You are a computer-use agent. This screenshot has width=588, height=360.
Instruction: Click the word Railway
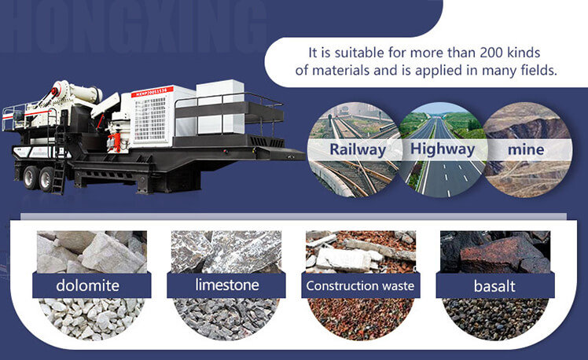point(358,149)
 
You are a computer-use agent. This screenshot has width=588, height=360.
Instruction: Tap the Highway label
point(443,149)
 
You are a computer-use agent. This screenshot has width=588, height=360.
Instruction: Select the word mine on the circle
point(526,149)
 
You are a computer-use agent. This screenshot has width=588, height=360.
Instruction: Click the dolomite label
point(88,285)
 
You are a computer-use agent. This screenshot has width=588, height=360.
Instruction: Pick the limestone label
point(227,285)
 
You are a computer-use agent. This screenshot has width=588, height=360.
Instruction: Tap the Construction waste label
point(360,286)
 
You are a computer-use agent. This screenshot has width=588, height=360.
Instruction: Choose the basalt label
point(494,286)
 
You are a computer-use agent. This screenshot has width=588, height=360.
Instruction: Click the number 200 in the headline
point(491,53)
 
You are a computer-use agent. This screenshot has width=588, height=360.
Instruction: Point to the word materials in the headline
point(340,70)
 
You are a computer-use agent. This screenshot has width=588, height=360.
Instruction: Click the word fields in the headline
point(538,70)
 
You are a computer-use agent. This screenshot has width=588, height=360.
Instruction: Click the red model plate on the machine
point(152,92)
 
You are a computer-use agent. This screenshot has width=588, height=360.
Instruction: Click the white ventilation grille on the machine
point(150,119)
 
